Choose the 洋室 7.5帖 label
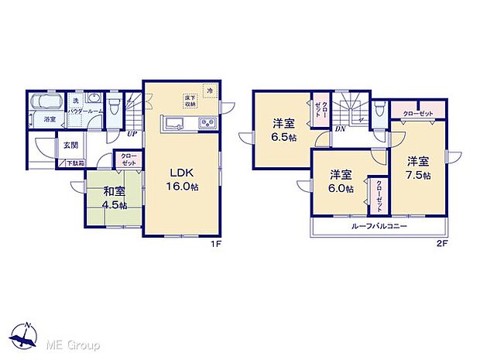[x=418, y=168]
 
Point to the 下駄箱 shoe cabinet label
[x=74, y=163]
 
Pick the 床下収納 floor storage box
[x=190, y=100]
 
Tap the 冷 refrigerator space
[x=209, y=91]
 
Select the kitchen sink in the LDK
[x=172, y=124]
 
